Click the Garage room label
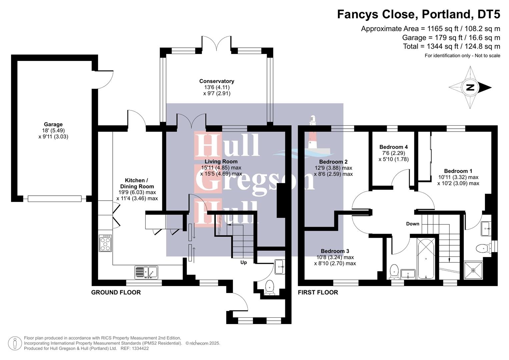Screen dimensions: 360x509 (53, 124)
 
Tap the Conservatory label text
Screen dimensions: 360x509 (217, 81)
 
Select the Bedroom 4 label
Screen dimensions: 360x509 (393, 147)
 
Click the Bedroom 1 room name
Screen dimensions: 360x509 (458, 171)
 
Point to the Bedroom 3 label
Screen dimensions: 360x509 (335, 251)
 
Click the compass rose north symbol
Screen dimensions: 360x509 (470, 88)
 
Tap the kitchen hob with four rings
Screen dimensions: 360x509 (105, 243)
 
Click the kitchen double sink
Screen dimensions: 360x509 (146, 272)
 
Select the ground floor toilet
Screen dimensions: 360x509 (269, 287)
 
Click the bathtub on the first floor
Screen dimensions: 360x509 (426, 259)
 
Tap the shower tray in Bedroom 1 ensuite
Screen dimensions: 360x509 (473, 270)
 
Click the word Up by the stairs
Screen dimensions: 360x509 (244, 262)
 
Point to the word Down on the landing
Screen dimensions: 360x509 (412, 224)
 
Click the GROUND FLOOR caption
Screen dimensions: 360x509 (116, 292)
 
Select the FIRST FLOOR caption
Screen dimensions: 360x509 (318, 292)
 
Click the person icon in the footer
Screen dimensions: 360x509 (15, 343)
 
